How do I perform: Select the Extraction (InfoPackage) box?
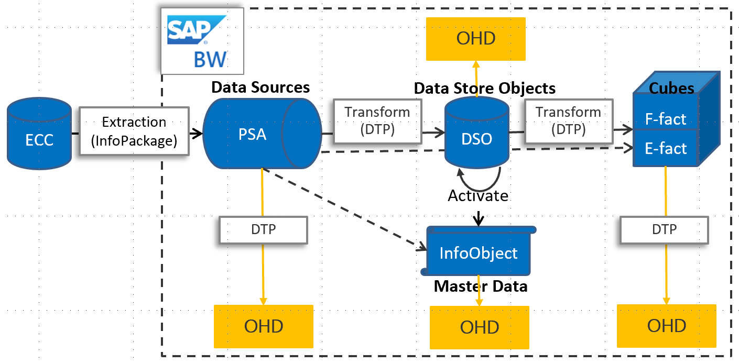pos(134,131)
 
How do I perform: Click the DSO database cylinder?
pos(476,134)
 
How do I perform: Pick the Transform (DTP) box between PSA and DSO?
pos(377,122)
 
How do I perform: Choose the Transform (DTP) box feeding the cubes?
pos(568,122)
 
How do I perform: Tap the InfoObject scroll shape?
pos(478,253)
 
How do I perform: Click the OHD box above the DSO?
pos(476,38)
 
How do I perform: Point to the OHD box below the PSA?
pos(263,326)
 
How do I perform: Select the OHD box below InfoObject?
pos(479,327)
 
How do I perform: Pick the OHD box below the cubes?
pos(666,326)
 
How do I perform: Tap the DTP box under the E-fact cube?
pos(664,229)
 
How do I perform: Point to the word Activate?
pos(477,195)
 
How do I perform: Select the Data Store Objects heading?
pos(484,88)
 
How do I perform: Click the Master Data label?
pos(480,286)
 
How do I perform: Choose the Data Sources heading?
pos(260,87)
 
